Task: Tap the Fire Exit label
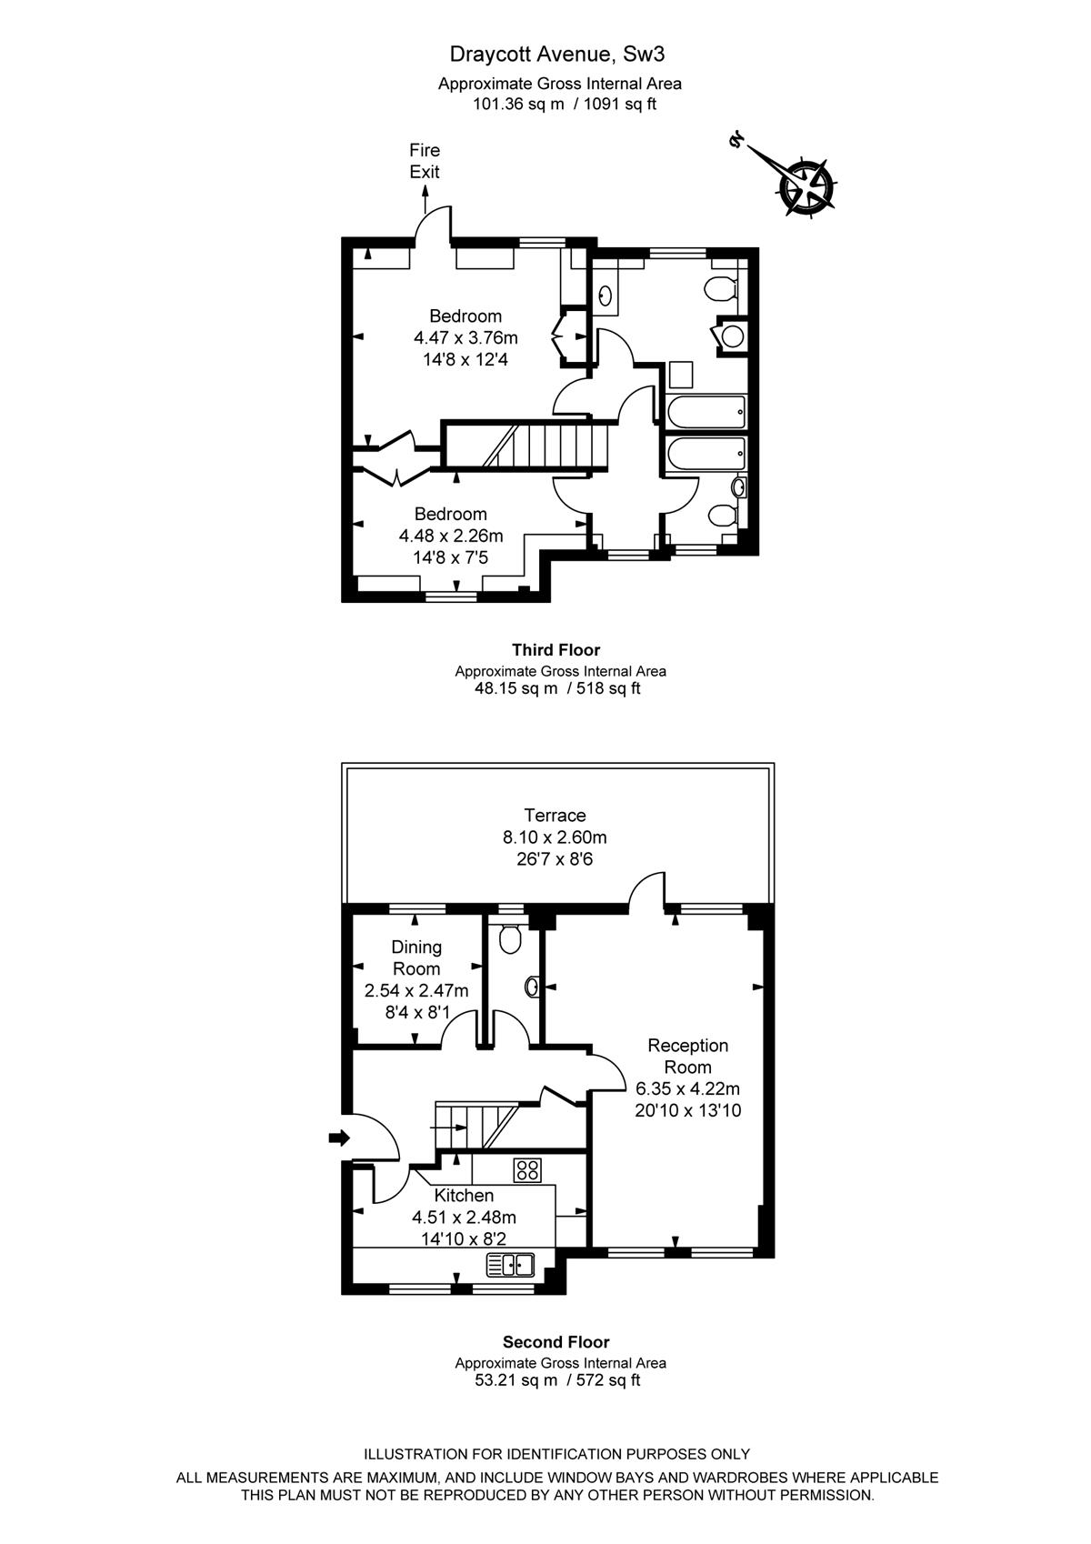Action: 425,161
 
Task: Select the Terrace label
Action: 555,816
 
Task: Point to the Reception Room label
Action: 688,1056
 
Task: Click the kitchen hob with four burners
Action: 527,1169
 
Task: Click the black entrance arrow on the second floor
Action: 339,1138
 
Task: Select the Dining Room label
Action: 416,957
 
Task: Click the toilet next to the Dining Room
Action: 510,938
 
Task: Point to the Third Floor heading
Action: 556,650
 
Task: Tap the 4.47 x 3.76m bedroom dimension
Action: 465,337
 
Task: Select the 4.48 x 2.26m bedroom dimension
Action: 451,536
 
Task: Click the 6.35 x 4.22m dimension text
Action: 688,1089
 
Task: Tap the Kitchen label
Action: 464,1195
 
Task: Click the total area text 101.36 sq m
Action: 518,104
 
